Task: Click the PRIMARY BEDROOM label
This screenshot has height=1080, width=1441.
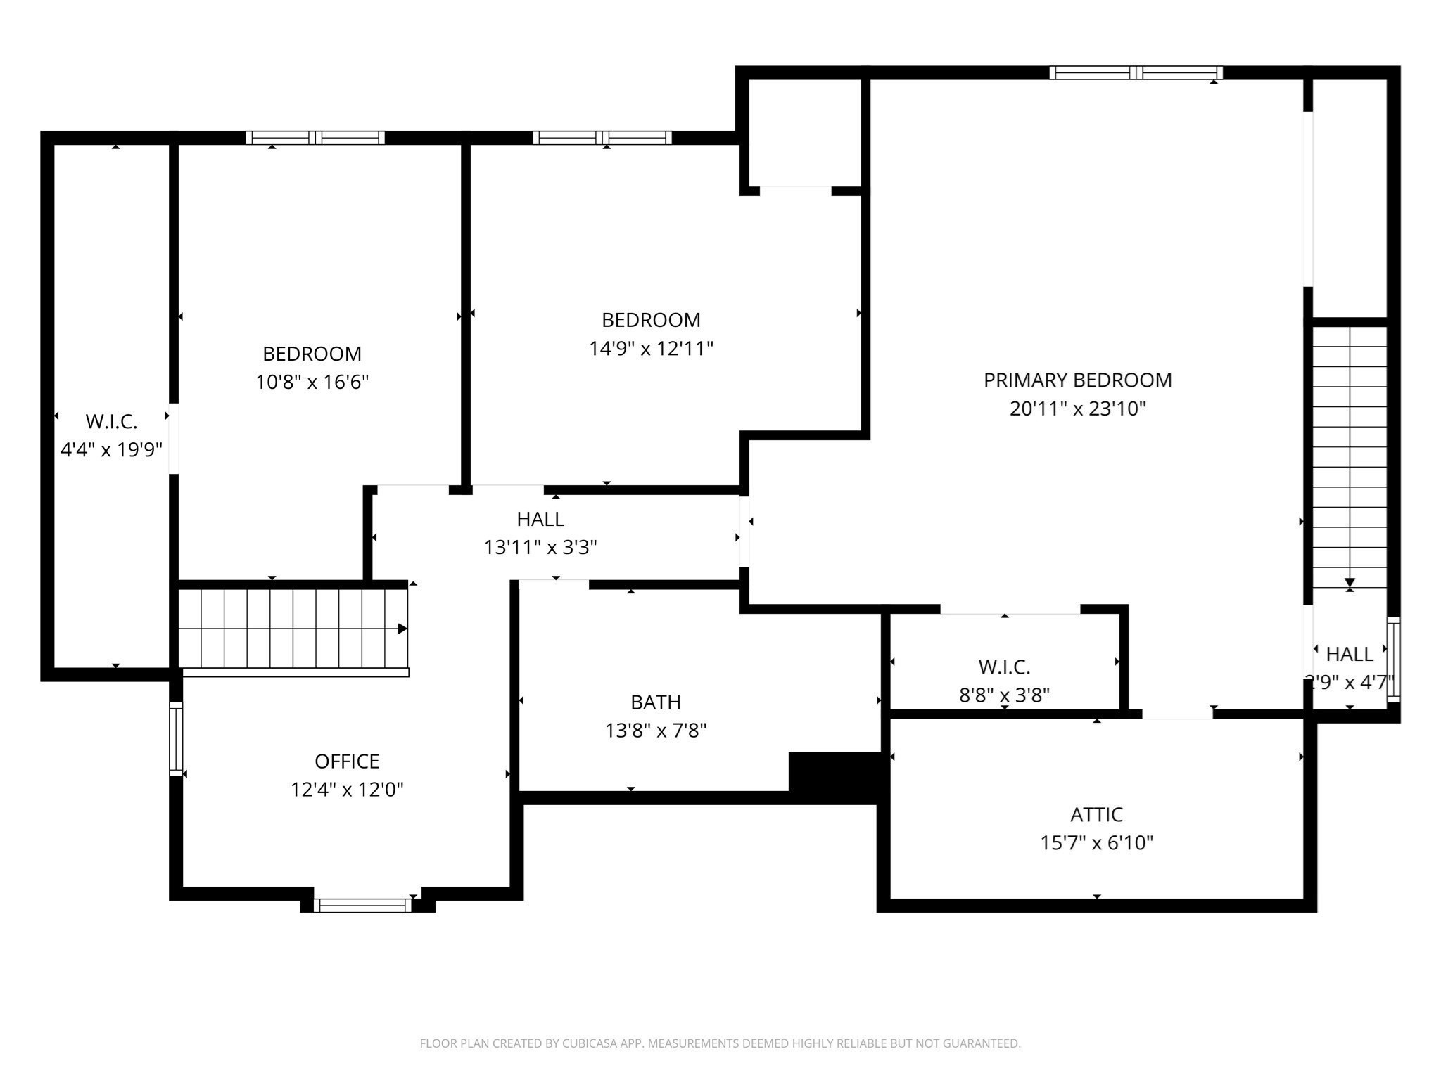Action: coord(1077,380)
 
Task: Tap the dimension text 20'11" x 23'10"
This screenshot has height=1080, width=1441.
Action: coord(1077,409)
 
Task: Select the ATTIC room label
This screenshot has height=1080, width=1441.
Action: coord(1096,814)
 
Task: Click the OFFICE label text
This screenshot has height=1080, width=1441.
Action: coord(347,761)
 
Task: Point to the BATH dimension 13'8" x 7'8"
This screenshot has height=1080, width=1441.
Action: coord(656,731)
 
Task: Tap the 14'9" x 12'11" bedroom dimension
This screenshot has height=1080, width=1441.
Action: coord(651,349)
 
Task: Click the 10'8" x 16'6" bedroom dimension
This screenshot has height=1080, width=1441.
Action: coord(312,382)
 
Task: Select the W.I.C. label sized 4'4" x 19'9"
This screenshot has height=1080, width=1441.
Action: coord(111,422)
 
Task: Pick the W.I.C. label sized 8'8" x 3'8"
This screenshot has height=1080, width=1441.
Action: coord(1004,667)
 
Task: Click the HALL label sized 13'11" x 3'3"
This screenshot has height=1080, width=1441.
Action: coord(540,519)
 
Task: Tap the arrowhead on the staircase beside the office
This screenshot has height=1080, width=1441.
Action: coord(402,629)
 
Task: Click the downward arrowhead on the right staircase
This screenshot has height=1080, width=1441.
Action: coord(1350,583)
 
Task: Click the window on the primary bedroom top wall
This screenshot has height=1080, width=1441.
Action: coord(1136,72)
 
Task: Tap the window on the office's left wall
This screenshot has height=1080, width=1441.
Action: coord(176,739)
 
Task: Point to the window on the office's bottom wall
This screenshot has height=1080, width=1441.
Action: coord(362,906)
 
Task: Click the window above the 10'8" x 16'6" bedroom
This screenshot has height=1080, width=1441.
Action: coord(315,138)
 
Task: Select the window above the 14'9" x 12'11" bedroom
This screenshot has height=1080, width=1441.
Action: coord(602,138)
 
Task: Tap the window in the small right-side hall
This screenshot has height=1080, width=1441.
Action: coord(1393,660)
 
